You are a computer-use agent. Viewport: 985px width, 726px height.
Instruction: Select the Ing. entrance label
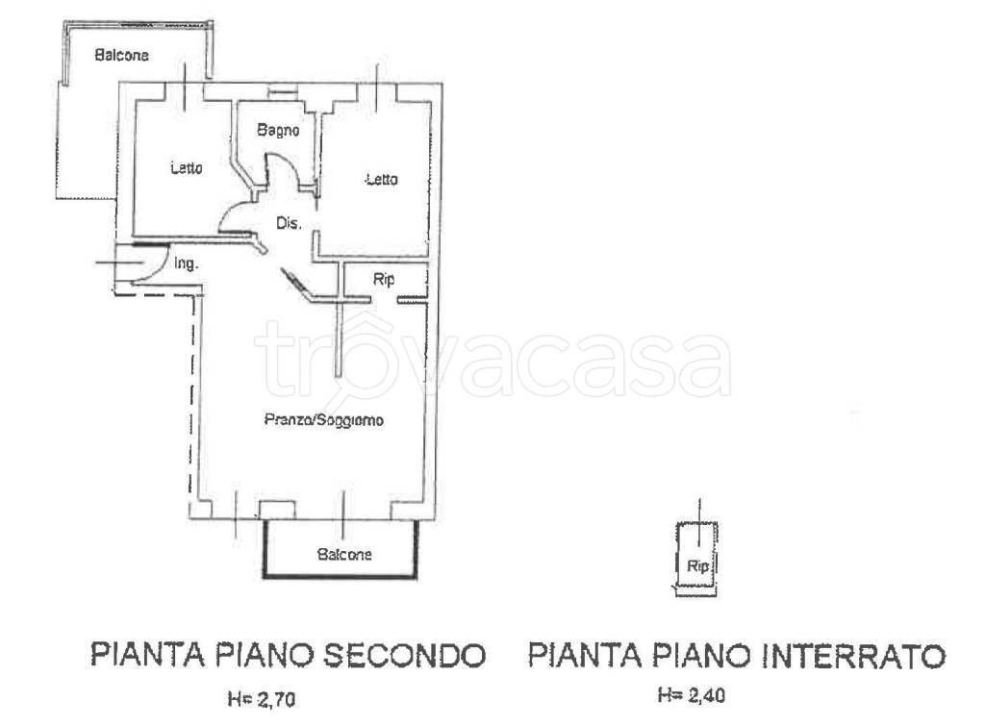pos(187,262)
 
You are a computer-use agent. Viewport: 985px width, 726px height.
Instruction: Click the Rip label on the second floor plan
pos(382,280)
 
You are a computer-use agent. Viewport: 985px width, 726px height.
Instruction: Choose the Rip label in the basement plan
pos(698,566)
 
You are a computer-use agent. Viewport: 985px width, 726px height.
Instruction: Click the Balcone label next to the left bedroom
pos(121,56)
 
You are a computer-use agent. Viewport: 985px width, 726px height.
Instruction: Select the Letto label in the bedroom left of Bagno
pos(187,168)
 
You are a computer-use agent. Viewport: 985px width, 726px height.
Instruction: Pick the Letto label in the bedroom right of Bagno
pos(381,180)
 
